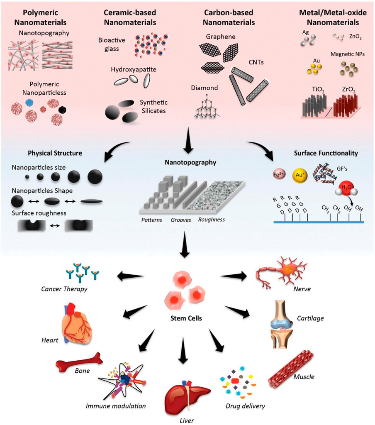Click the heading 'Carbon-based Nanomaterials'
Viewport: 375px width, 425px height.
coord(230,17)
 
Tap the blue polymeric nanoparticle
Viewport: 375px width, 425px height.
coord(28,102)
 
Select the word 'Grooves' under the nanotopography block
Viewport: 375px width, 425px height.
coord(181,220)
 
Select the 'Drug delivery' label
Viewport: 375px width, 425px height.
coord(245,405)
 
